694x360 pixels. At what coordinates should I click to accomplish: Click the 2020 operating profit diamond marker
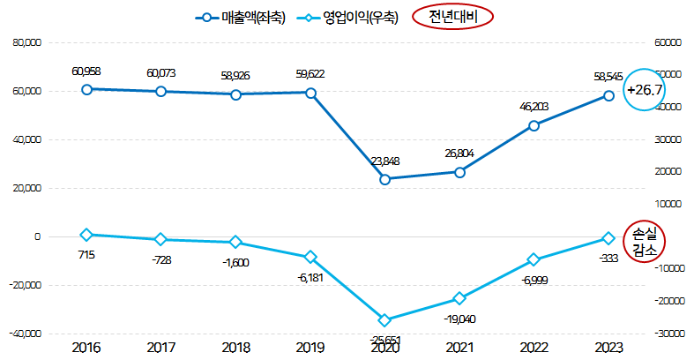click(385, 319)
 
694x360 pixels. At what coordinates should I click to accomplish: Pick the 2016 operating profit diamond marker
click(86, 235)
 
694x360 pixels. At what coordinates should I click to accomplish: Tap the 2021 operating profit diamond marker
click(459, 298)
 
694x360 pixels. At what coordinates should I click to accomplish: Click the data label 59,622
click(310, 75)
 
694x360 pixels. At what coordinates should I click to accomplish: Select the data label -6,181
click(310, 277)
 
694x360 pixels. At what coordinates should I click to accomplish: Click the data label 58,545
click(608, 78)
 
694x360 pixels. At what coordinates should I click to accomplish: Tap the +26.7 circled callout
click(645, 91)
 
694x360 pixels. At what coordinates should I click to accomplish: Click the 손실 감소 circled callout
click(645, 241)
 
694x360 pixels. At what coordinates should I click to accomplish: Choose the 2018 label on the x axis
click(235, 348)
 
